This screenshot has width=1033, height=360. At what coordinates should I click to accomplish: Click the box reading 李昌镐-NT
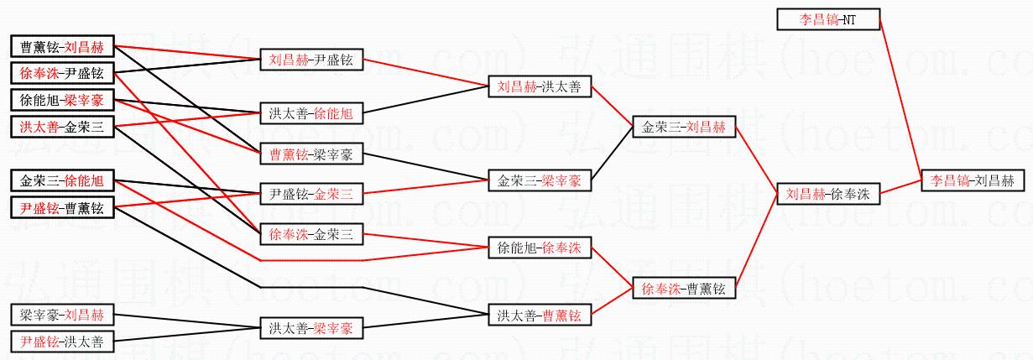(x=828, y=18)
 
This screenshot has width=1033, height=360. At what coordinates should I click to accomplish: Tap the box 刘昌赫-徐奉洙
(x=827, y=194)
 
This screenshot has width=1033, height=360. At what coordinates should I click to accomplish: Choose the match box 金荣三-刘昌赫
(x=683, y=128)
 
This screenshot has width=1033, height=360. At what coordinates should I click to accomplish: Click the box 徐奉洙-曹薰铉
(x=683, y=289)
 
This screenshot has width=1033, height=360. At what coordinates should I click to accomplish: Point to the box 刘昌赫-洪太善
(x=539, y=86)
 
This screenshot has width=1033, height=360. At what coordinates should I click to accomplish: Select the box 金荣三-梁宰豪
(x=539, y=180)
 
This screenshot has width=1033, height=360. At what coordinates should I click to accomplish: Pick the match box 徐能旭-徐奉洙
(x=539, y=248)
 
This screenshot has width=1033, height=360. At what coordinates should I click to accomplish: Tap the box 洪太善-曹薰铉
(x=539, y=316)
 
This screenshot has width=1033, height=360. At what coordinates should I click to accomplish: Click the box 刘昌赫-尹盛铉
(x=311, y=60)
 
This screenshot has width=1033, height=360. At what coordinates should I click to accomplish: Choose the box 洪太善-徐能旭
(x=311, y=112)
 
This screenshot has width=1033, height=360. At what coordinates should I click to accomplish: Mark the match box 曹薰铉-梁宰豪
(x=311, y=154)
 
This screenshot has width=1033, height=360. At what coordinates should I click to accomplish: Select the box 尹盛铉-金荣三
(x=311, y=194)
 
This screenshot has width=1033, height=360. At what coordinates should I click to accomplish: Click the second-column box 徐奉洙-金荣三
(x=311, y=235)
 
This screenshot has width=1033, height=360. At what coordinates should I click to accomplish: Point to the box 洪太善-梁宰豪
(x=311, y=328)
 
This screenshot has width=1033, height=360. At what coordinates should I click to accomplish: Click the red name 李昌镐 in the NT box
(x=815, y=18)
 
